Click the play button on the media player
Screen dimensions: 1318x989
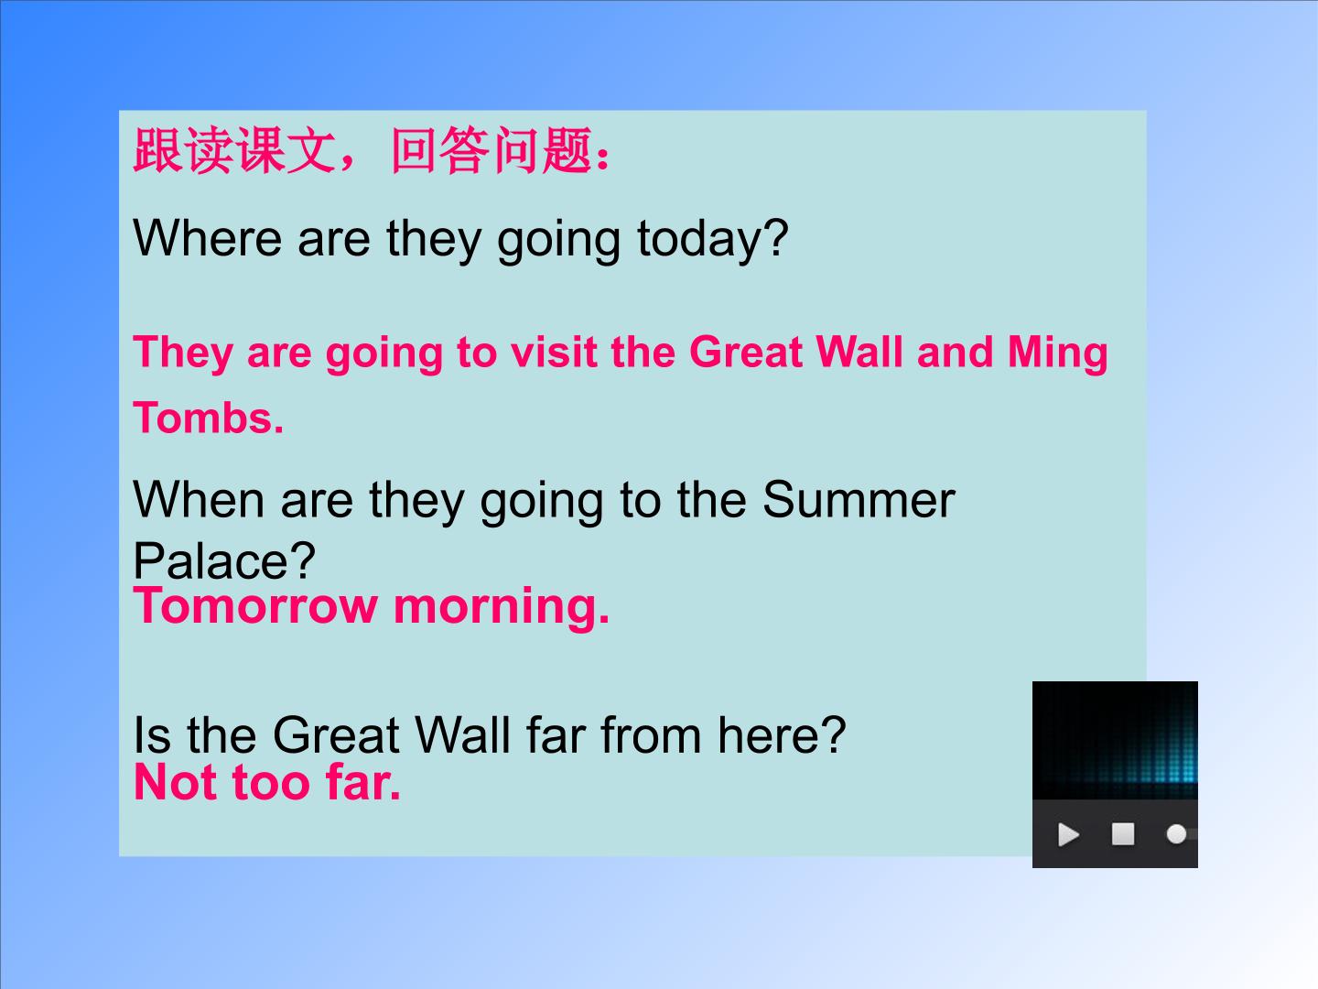pos(1068,834)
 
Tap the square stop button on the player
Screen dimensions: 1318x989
pos(1123,834)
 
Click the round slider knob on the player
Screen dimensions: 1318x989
pos(1176,834)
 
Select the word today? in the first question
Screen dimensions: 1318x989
pos(713,240)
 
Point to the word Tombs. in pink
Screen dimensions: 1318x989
pos(209,418)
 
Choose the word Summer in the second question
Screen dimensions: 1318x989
pos(859,500)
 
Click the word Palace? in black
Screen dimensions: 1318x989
pos(224,560)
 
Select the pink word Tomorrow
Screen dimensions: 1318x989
pos(255,606)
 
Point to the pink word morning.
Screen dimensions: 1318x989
pos(502,609)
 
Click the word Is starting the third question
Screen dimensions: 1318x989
pos(152,735)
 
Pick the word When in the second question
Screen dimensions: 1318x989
pos(199,500)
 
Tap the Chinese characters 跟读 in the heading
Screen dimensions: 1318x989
pos(182,151)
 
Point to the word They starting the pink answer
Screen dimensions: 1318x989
pos(183,353)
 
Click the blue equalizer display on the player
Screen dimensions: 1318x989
pos(1115,740)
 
